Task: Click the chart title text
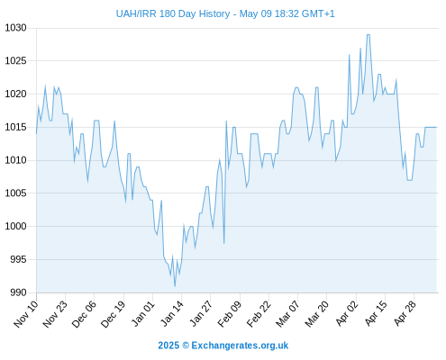point(225,13)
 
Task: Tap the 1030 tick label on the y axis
point(15,28)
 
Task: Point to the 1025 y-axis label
point(15,61)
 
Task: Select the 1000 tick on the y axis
point(15,226)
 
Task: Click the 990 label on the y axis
point(18,292)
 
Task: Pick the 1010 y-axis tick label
point(15,160)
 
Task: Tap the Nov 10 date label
point(26,313)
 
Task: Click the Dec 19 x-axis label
point(113,313)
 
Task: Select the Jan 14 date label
point(172,313)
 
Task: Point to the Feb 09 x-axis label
point(230,313)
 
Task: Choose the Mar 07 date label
point(287,313)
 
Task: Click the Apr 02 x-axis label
point(347,313)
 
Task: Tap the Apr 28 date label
point(405,313)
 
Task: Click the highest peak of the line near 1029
point(369,35)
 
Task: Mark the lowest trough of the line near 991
point(175,286)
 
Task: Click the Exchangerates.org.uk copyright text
point(223,346)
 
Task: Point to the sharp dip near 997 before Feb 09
point(223,243)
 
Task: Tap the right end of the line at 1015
point(436,127)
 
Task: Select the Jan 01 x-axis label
point(142,313)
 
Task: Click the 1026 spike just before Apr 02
point(350,55)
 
